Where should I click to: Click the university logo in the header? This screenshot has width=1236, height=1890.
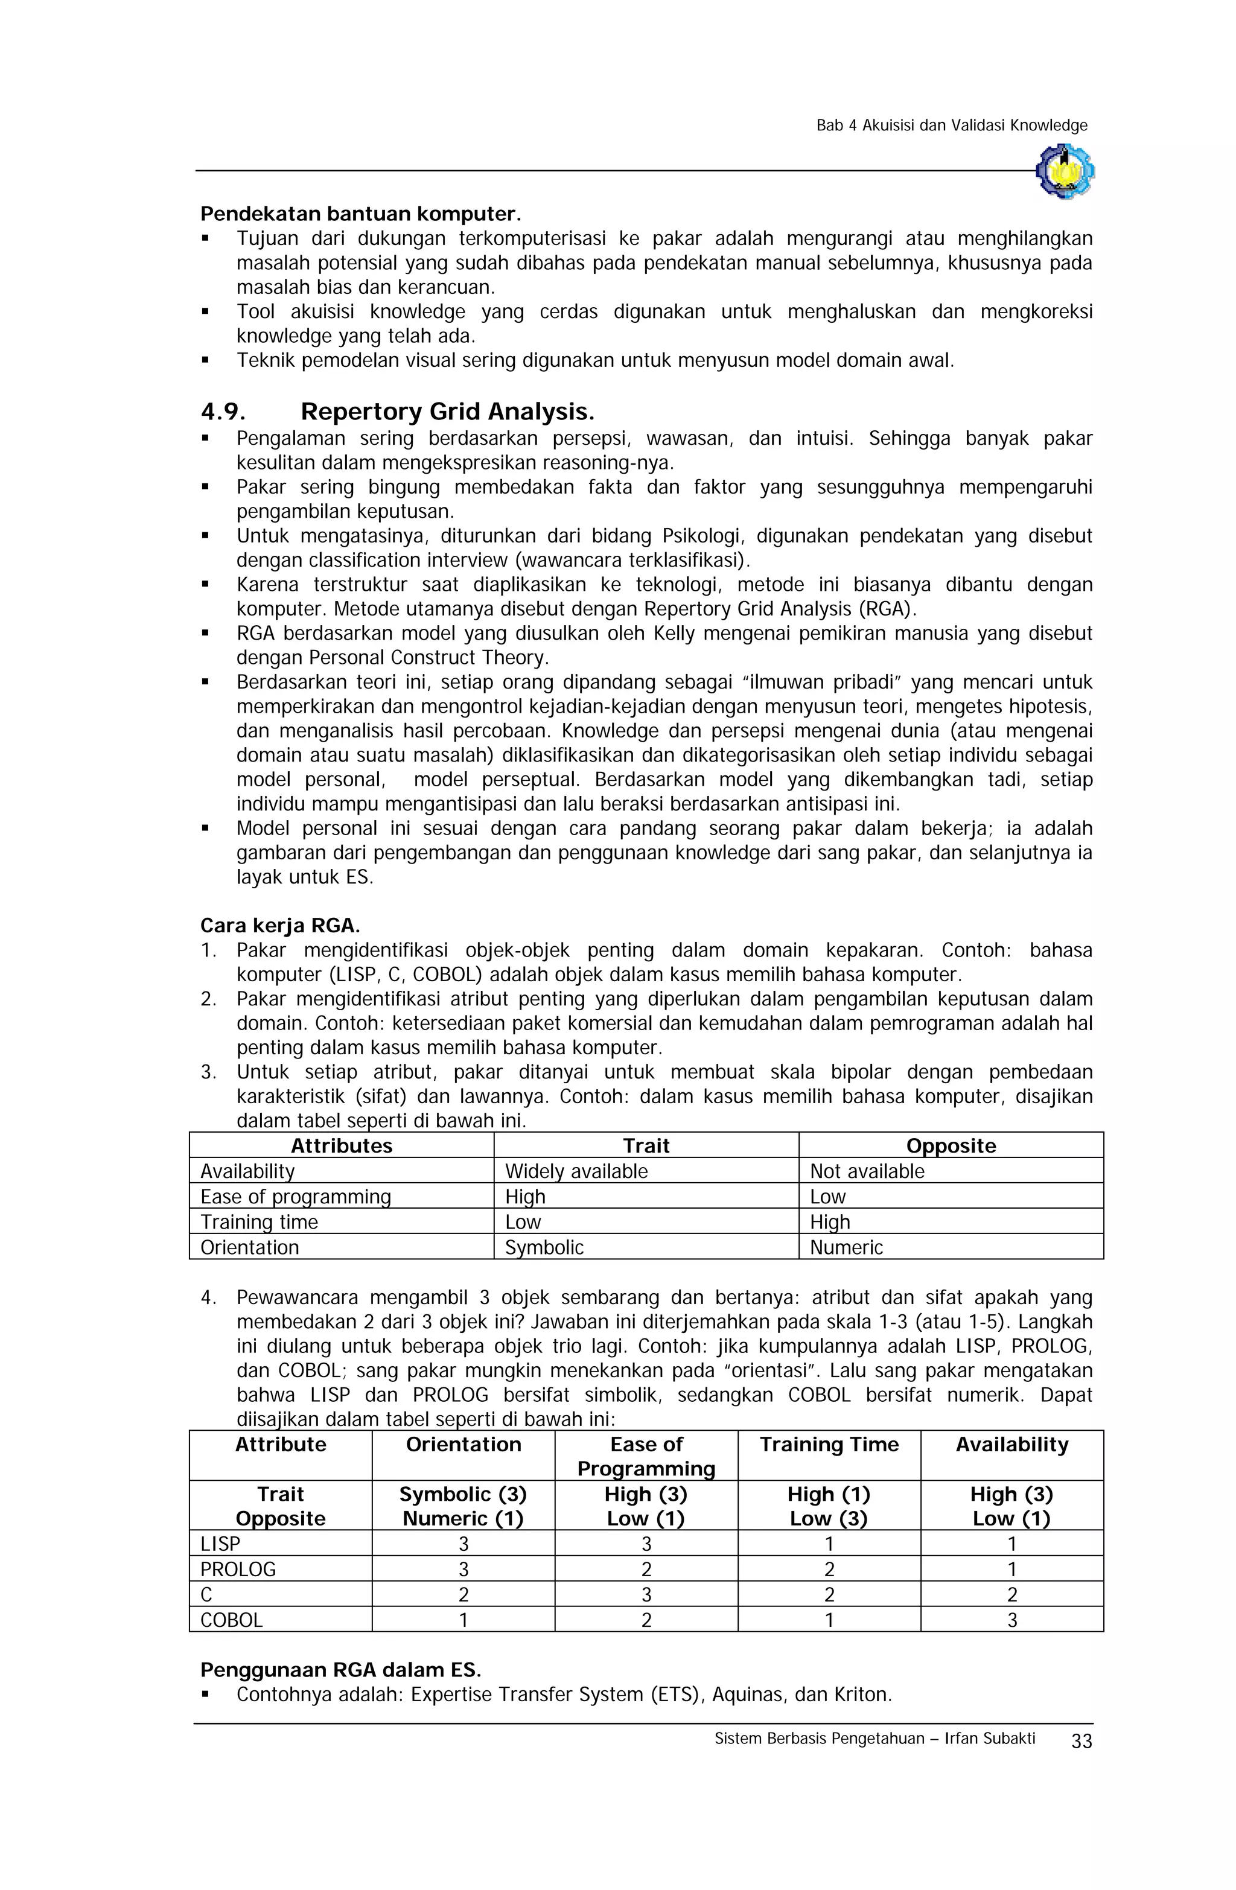(1065, 170)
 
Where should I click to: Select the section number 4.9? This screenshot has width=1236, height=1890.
(223, 412)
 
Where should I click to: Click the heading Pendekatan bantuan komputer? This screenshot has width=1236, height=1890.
(361, 214)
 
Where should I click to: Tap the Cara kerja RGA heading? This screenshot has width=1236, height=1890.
(279, 925)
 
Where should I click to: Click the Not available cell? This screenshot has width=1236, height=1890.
(867, 1171)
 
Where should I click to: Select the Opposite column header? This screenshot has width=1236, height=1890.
(950, 1146)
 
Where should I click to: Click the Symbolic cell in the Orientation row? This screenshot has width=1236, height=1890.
(544, 1247)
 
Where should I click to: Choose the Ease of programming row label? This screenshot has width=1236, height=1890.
(296, 1197)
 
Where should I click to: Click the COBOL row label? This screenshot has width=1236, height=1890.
(231, 1620)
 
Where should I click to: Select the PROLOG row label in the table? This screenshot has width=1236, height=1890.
(238, 1569)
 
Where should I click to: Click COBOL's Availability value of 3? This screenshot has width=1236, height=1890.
(1011, 1620)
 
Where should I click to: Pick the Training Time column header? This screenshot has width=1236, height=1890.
(829, 1445)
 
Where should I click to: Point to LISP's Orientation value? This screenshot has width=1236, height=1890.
(463, 1544)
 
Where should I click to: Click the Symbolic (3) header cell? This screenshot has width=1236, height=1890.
(463, 1495)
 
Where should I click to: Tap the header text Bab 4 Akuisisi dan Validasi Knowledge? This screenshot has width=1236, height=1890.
(951, 126)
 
